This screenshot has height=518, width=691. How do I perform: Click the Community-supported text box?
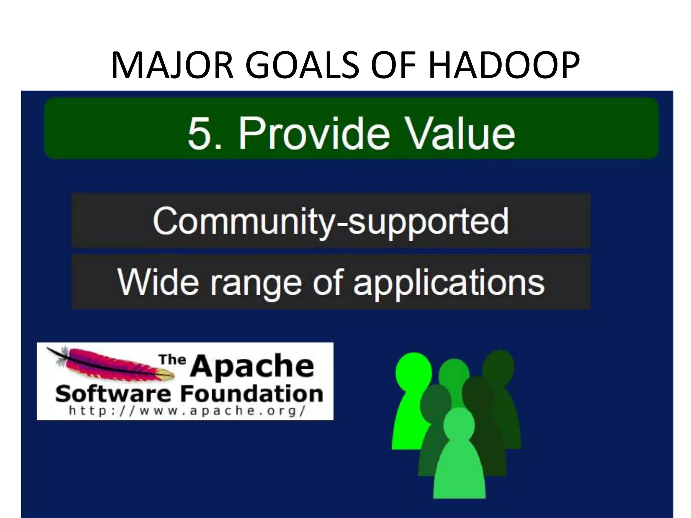[331, 221]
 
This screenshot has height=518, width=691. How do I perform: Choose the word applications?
[449, 283]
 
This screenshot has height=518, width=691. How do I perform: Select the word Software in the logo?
[113, 394]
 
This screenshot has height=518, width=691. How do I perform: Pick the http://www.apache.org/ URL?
[187, 411]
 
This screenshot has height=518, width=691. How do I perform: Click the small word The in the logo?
[172, 359]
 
